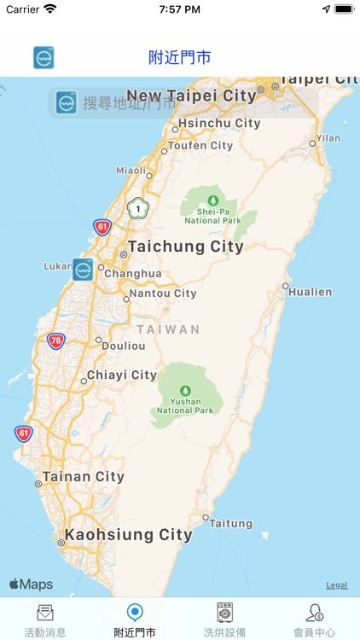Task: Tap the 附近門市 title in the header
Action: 180,58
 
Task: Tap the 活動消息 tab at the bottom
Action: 45,620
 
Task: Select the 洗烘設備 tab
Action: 225,620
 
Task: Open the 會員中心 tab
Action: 315,620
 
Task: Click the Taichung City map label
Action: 185,247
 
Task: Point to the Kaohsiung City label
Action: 127,535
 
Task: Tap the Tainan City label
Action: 84,477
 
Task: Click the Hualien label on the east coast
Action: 310,292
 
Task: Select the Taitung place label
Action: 231,523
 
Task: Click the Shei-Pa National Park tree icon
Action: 213,200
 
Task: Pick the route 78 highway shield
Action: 56,340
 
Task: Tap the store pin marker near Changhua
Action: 83,270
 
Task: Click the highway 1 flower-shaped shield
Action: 136,208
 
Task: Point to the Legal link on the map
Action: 336,585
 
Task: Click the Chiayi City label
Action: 121,375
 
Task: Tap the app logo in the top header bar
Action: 44,58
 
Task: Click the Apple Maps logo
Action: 31,585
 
